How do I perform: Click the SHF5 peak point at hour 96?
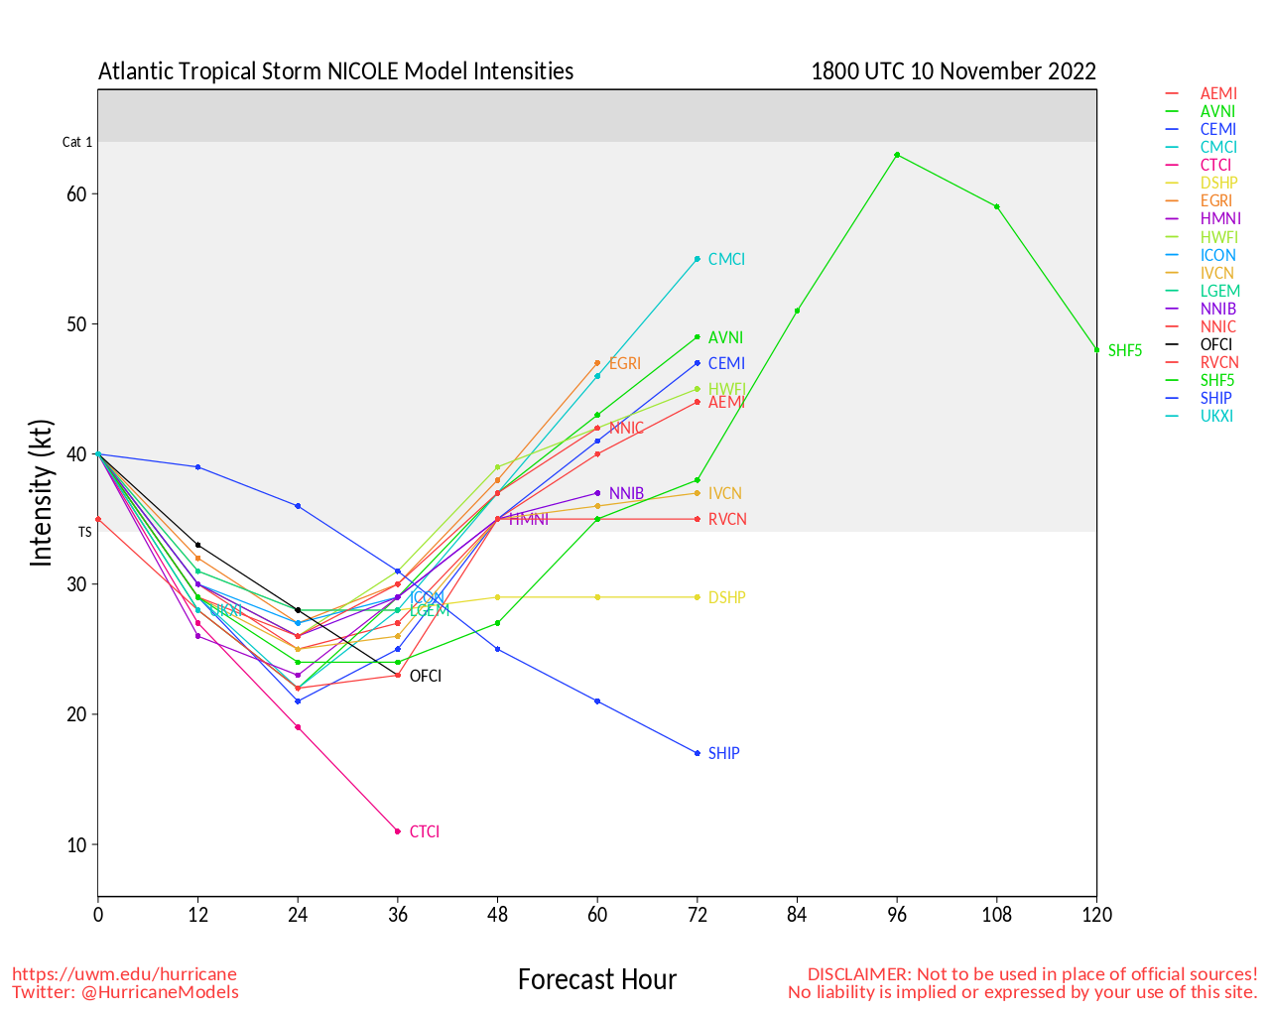click(897, 155)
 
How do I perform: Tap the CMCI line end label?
click(726, 259)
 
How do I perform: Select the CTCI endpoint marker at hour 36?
click(398, 831)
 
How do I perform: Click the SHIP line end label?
click(723, 753)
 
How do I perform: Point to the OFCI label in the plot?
click(426, 676)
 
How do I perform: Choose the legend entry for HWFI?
click(1219, 237)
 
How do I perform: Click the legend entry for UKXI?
click(1216, 416)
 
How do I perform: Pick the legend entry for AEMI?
click(1218, 93)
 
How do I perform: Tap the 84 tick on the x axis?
click(797, 915)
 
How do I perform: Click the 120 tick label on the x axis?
click(1096, 915)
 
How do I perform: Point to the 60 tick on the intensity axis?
click(76, 194)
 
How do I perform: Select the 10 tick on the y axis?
click(76, 845)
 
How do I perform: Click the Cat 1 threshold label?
click(77, 142)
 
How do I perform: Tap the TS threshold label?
click(85, 532)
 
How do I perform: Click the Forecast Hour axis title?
click(597, 979)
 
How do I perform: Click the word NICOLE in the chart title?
click(351, 71)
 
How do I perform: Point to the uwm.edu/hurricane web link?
click(124, 973)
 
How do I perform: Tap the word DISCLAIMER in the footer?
click(857, 973)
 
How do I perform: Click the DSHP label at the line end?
click(726, 597)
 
